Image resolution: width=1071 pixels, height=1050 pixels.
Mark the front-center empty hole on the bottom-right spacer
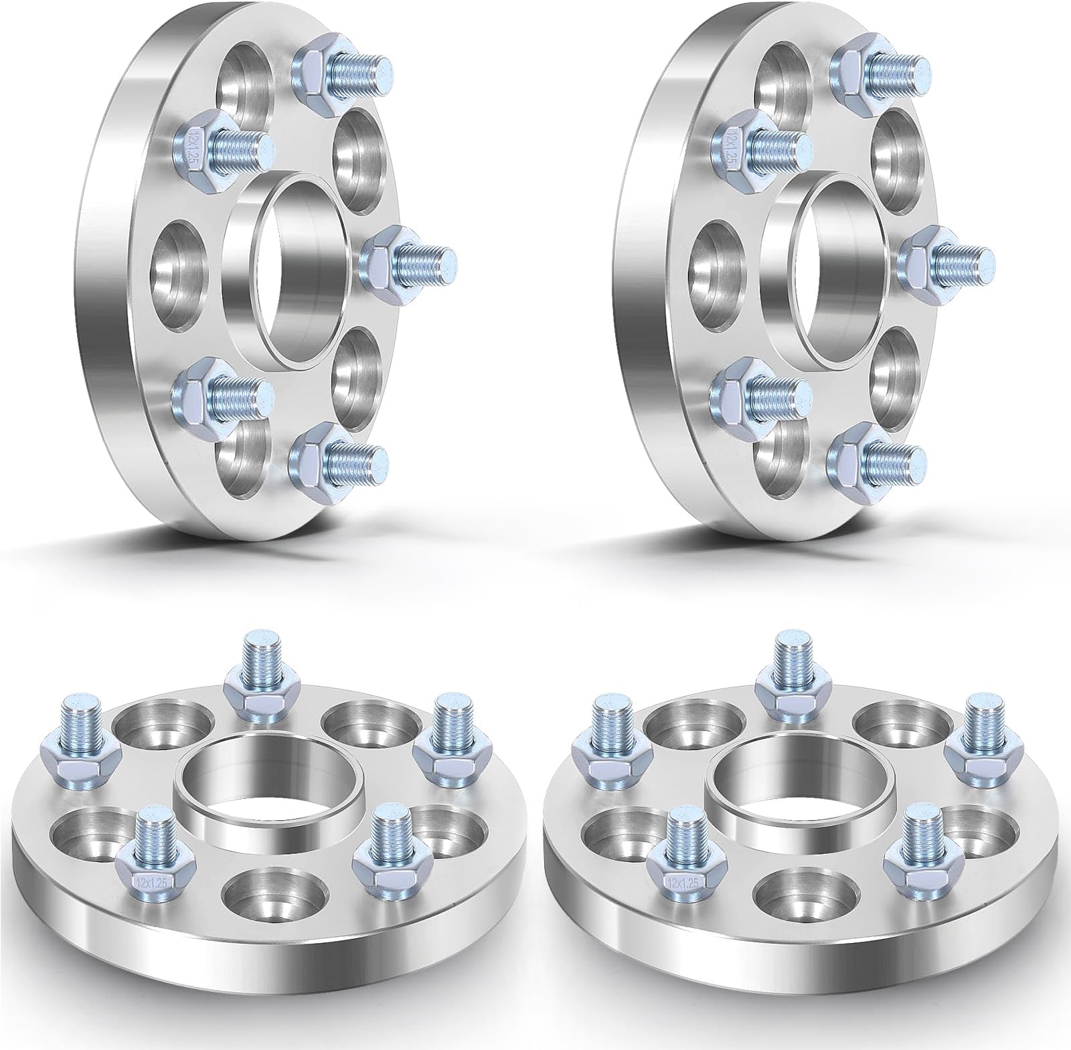coord(800,893)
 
